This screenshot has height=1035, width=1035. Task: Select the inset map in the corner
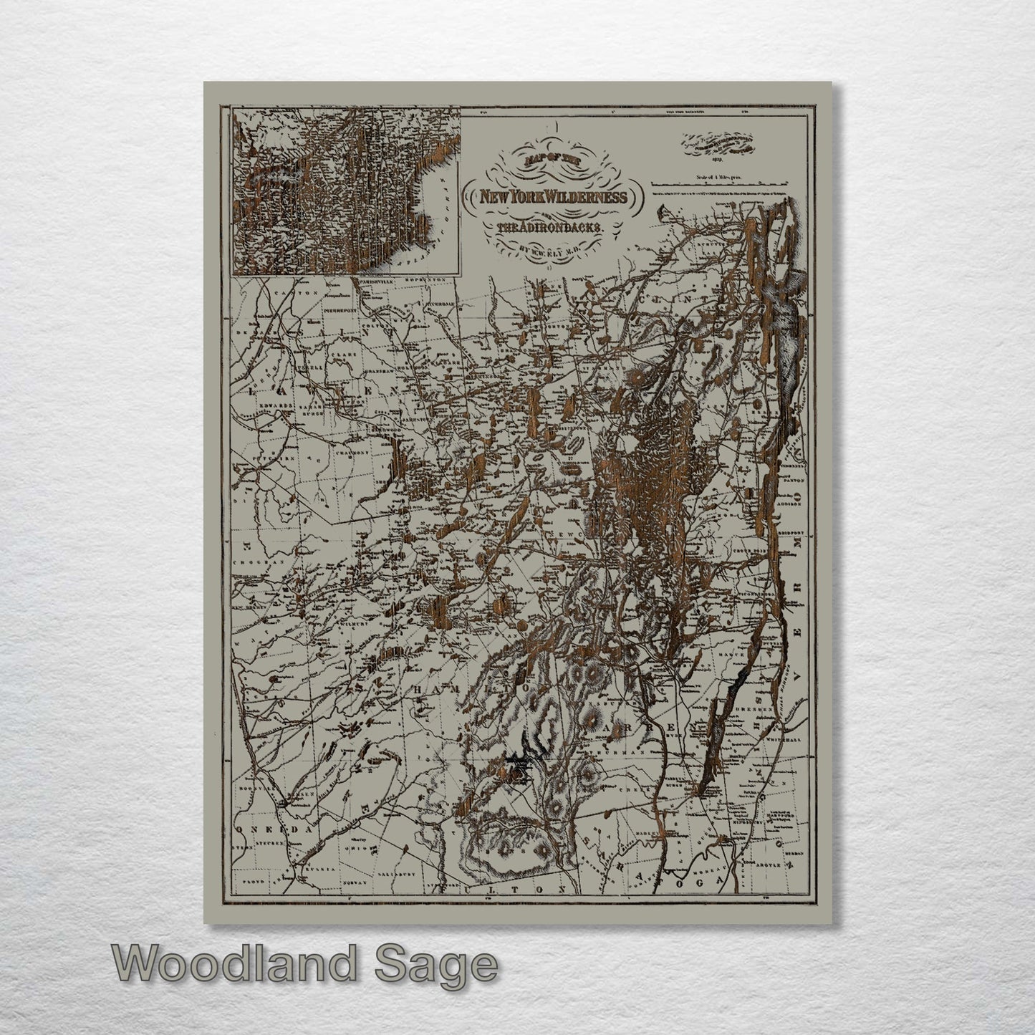point(345,191)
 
